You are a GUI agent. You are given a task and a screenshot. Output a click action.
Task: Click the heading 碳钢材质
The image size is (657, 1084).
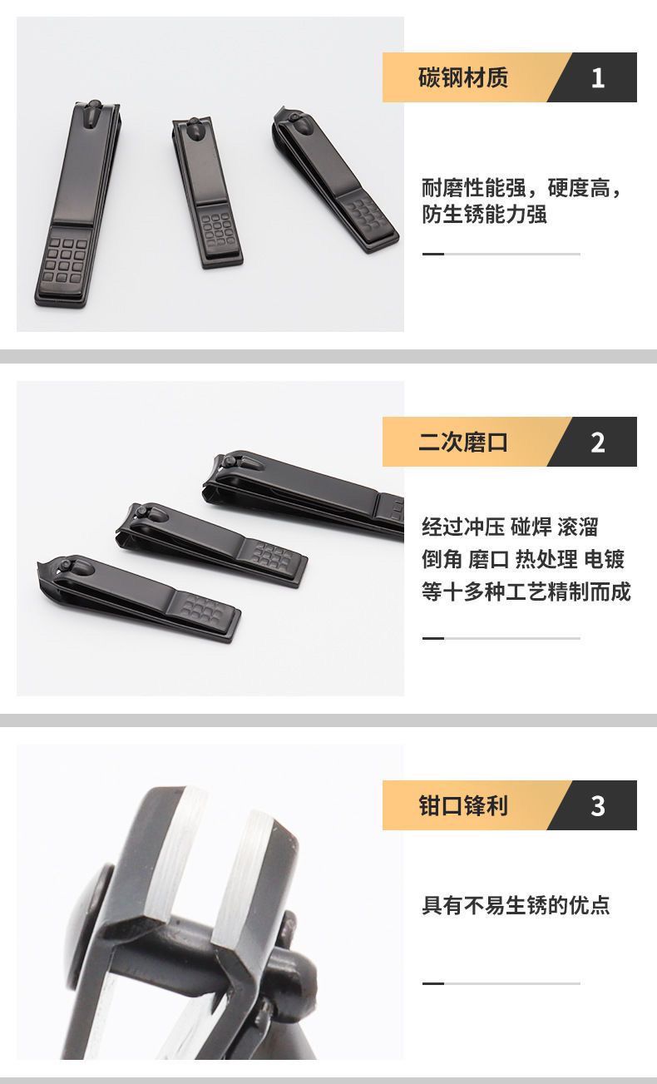click(463, 77)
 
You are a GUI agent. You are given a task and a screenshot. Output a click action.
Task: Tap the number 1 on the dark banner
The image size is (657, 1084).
click(598, 77)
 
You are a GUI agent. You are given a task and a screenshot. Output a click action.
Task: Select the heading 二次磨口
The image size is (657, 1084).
click(463, 442)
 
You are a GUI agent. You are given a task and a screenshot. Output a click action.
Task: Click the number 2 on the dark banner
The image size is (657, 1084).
click(598, 443)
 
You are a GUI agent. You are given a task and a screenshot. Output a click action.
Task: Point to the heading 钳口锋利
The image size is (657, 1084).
click(463, 806)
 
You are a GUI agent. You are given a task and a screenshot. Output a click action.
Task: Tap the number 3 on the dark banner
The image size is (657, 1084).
click(598, 806)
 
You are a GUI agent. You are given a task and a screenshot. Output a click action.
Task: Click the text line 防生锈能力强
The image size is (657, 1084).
click(484, 215)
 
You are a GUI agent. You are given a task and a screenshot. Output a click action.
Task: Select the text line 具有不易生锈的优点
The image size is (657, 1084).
click(516, 905)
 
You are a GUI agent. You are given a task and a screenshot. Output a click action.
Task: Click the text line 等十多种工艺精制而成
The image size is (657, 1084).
click(526, 591)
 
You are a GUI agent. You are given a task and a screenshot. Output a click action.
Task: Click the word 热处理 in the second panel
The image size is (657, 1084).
click(546, 559)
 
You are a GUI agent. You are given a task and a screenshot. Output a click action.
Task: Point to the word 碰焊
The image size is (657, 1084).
click(531, 527)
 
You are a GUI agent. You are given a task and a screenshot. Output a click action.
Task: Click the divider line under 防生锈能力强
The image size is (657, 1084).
click(501, 254)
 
